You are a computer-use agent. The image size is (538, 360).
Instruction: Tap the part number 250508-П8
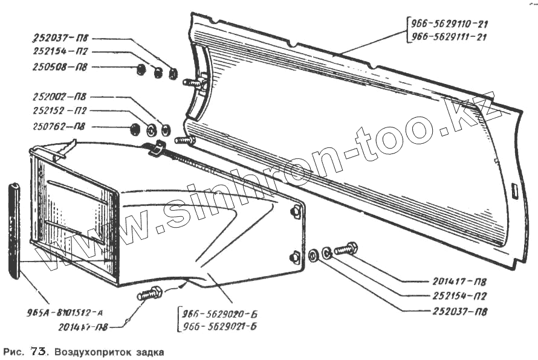pyautogui.click(x=59, y=68)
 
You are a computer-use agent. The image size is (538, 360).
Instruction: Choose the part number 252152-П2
pyautogui.click(x=59, y=111)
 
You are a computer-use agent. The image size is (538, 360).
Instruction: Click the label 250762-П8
pyautogui.click(x=59, y=127)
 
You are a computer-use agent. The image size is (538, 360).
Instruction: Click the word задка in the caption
pyautogui.click(x=149, y=351)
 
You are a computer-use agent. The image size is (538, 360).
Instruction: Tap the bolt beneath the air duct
pyautogui.click(x=149, y=294)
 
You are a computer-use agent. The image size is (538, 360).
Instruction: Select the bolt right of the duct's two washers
pyautogui.click(x=346, y=249)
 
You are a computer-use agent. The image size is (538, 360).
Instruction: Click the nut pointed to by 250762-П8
pyautogui.click(x=135, y=128)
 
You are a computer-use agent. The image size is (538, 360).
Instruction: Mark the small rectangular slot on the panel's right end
pyautogui.click(x=514, y=191)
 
